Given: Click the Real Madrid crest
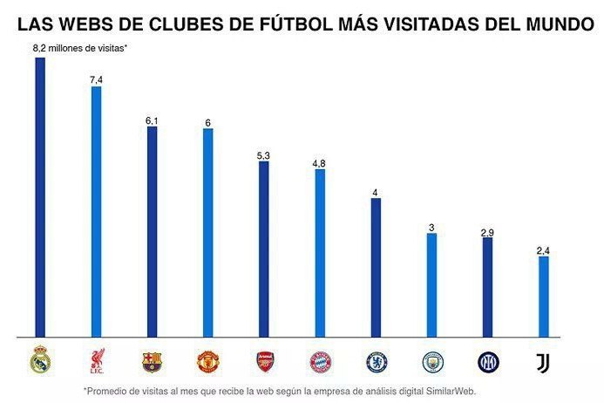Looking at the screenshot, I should click(x=40, y=360).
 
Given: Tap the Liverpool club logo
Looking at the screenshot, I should click(x=97, y=360).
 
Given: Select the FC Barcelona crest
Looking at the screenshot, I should click(x=152, y=361).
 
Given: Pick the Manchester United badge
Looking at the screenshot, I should click(x=207, y=361).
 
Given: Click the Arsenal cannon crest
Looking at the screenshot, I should click(x=264, y=361).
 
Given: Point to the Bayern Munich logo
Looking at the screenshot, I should click(x=320, y=361).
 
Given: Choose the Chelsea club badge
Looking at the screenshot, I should click(x=377, y=361).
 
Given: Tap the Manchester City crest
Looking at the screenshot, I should click(x=432, y=361).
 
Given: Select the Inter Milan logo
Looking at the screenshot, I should click(x=488, y=361).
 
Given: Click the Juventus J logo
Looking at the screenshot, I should click(x=544, y=361).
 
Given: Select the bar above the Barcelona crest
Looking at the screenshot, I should click(x=152, y=231).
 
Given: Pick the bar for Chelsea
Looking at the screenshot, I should click(x=376, y=267).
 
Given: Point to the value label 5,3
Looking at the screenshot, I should click(x=263, y=155).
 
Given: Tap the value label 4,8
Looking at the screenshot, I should click(x=320, y=163).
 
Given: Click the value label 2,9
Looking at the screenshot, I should click(x=488, y=231).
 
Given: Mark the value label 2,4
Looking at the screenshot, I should click(x=544, y=250).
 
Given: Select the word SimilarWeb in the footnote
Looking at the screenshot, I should click(x=450, y=391).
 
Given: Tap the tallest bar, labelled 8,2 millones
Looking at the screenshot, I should click(x=40, y=197).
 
